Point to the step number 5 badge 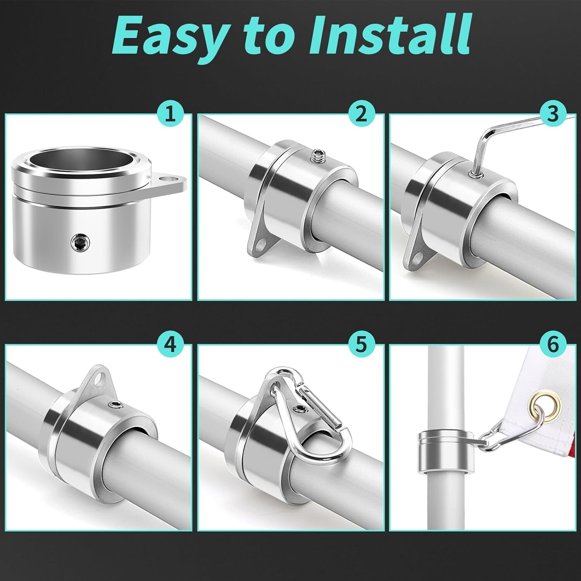pyautogui.click(x=361, y=344)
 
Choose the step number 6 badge pyautogui.click(x=553, y=344)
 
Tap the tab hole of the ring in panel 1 pyautogui.click(x=169, y=180)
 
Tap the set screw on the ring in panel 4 pyautogui.click(x=115, y=405)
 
